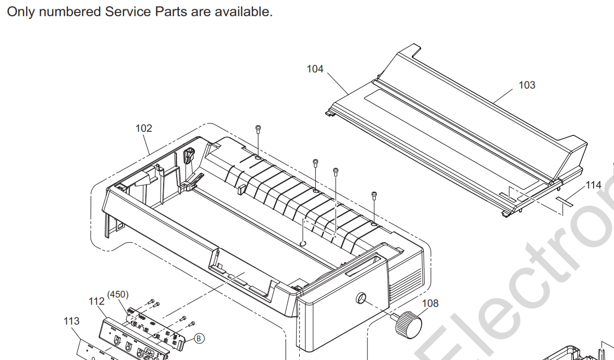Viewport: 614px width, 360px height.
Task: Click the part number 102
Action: click(x=144, y=128)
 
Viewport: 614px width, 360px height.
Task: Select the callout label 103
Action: click(x=526, y=85)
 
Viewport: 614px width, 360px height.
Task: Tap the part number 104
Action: click(x=315, y=69)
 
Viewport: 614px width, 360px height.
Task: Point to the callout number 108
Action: click(x=431, y=303)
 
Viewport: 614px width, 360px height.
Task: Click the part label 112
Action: click(x=96, y=302)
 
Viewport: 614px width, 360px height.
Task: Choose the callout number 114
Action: click(x=593, y=185)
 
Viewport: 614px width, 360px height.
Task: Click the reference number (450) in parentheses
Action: click(x=118, y=294)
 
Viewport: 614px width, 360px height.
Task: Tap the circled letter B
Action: click(x=198, y=338)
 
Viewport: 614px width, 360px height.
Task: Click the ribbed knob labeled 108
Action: click(x=408, y=325)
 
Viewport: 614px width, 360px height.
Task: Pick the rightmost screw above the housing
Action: click(x=374, y=195)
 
